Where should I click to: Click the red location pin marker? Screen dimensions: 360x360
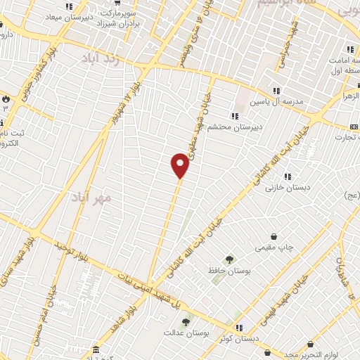[x=180, y=165]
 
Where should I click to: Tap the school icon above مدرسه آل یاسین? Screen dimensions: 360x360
[x=276, y=90]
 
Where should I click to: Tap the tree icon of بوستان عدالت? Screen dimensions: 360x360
[x=186, y=321]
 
